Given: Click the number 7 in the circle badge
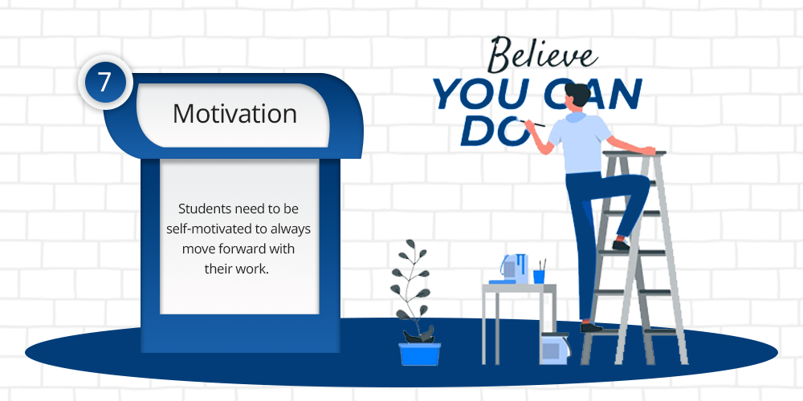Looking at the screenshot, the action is pyautogui.click(x=104, y=83).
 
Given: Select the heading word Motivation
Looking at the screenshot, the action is pyautogui.click(x=234, y=114).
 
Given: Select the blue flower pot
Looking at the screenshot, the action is pyautogui.click(x=419, y=354).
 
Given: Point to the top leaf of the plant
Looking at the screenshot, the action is pyautogui.click(x=410, y=246).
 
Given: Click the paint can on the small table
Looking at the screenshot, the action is pyautogui.click(x=514, y=268).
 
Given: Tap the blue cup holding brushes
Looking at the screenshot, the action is pyautogui.click(x=539, y=277).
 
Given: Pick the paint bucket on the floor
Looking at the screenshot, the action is pyautogui.click(x=554, y=348).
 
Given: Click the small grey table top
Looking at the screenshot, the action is pyautogui.click(x=519, y=289).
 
